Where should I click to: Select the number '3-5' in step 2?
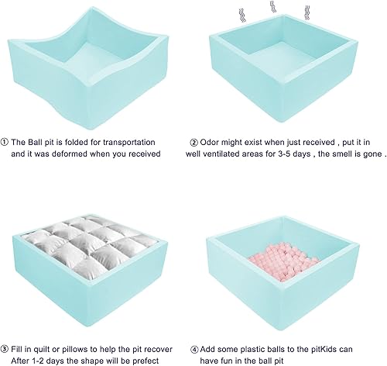[x=298, y=154]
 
